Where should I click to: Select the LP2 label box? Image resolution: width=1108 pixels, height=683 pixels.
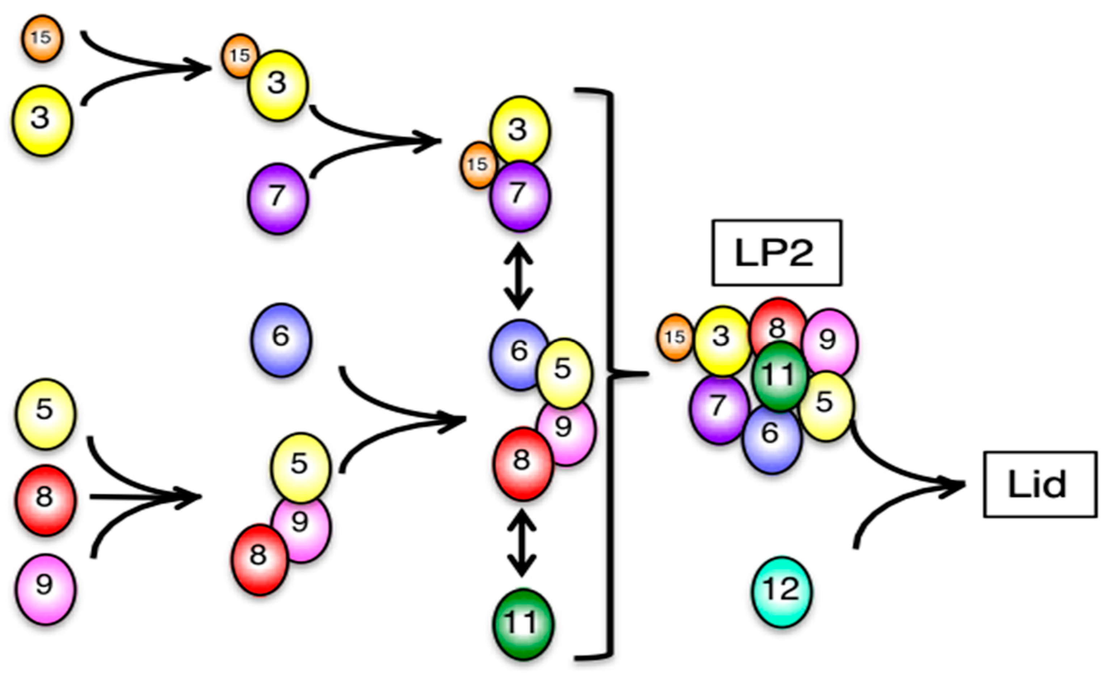pos(776,253)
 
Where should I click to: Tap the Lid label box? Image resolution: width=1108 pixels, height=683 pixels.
pos(1040,484)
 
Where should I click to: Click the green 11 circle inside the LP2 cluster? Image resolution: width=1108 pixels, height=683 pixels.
pos(779,376)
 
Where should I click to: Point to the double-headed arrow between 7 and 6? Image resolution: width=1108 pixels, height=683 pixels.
pos(518,276)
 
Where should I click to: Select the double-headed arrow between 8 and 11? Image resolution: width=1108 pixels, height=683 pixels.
pos(522,543)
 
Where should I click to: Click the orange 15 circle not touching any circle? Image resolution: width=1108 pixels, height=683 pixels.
pos(42,38)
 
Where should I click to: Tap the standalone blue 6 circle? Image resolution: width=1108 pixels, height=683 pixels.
pos(281,340)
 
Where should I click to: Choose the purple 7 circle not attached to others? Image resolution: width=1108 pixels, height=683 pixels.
pos(277,198)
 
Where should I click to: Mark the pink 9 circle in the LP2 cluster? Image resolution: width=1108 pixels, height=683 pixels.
pos(830,341)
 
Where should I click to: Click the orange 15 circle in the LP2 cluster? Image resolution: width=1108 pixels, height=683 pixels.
pos(674,337)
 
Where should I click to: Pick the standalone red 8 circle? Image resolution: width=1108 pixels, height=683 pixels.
pos(45,500)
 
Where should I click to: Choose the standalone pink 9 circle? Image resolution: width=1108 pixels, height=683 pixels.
pos(45,588)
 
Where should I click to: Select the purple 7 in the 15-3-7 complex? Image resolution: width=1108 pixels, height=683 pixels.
pos(520,196)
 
